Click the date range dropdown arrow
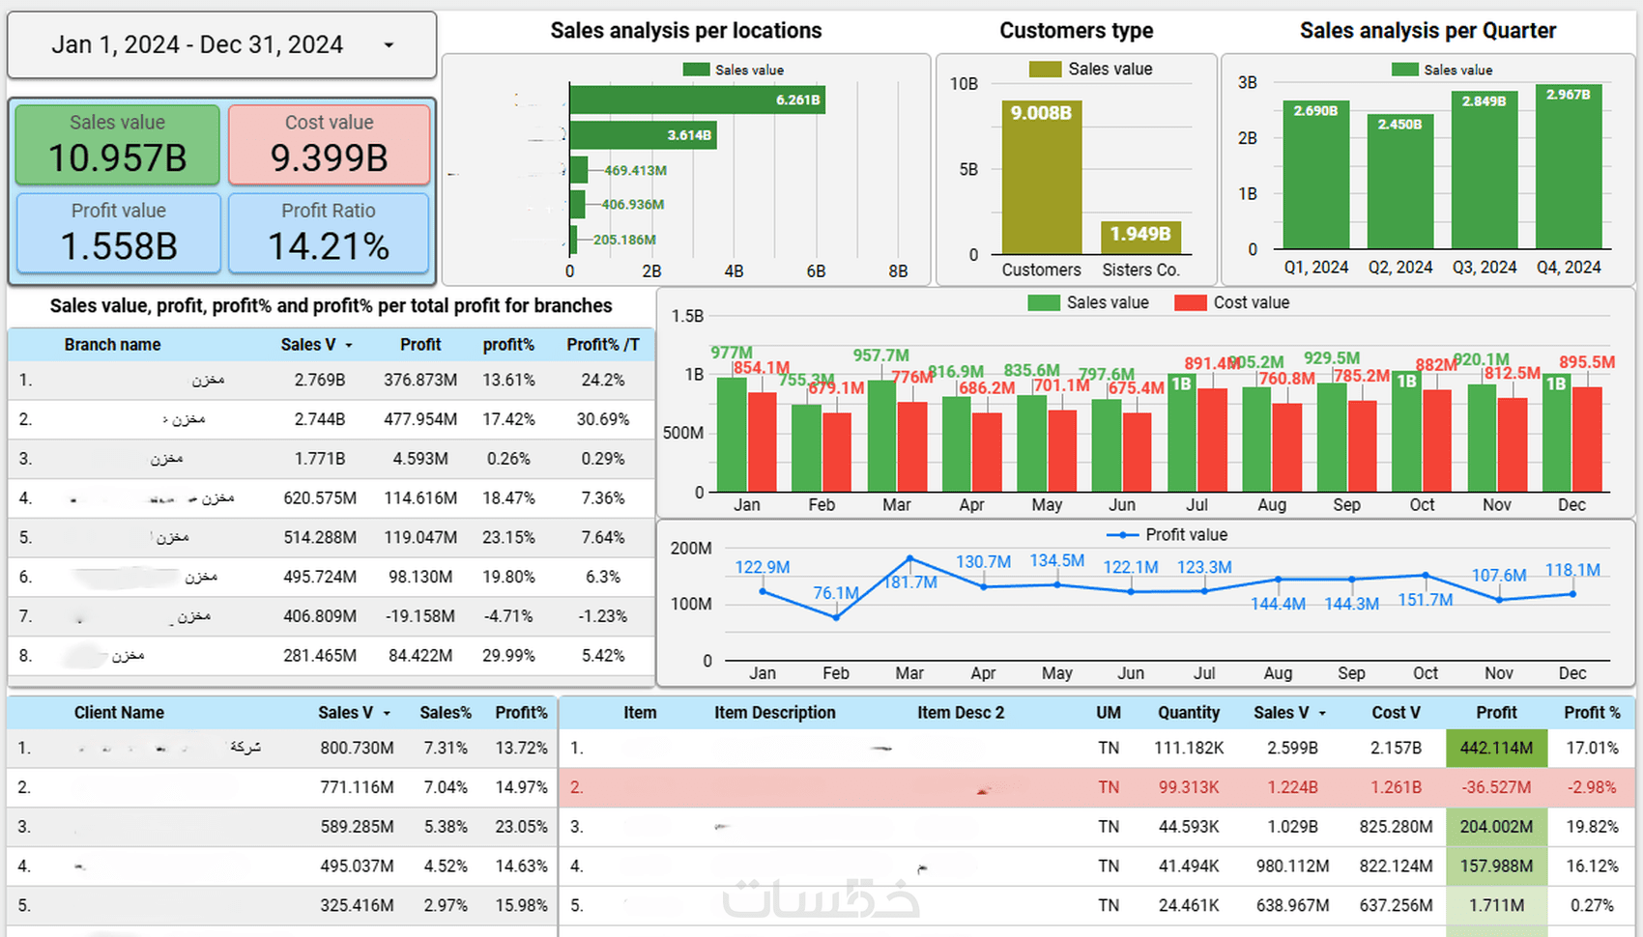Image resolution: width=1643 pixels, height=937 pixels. [389, 45]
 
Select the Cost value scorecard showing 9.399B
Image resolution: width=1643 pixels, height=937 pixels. [329, 145]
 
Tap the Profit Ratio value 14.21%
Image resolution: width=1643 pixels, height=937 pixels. [329, 246]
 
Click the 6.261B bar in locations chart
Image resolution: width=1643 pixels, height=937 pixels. [696, 99]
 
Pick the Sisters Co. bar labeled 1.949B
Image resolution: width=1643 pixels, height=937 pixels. [1140, 237]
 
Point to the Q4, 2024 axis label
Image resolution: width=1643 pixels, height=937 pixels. [1569, 268]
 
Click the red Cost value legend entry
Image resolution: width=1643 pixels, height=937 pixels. [1231, 302]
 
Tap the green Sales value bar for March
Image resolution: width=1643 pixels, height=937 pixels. [881, 436]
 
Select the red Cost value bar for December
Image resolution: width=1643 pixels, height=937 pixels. [1587, 440]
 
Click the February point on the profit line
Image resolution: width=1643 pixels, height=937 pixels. [836, 617]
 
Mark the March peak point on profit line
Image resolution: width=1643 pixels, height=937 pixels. [909, 558]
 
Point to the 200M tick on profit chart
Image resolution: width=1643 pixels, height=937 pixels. [691, 549]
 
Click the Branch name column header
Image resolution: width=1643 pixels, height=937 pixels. [112, 345]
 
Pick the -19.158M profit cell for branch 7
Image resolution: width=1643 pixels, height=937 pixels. [420, 616]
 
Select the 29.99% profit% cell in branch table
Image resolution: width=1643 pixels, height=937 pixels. [508, 656]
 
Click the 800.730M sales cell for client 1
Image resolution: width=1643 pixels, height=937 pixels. [357, 748]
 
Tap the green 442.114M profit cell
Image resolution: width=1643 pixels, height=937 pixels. [1496, 748]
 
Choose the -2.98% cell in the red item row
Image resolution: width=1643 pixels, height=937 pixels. [1592, 787]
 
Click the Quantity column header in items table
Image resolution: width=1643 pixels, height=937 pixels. [1188, 713]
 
